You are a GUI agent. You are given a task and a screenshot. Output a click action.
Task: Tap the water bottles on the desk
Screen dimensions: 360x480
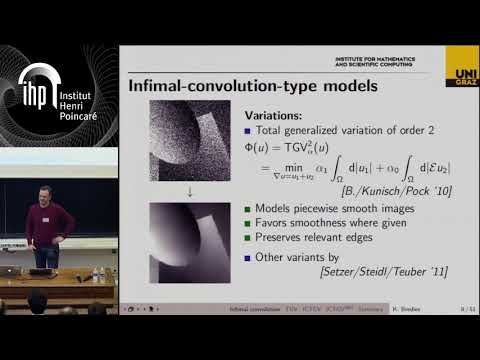pyautogui.click(x=98, y=273)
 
